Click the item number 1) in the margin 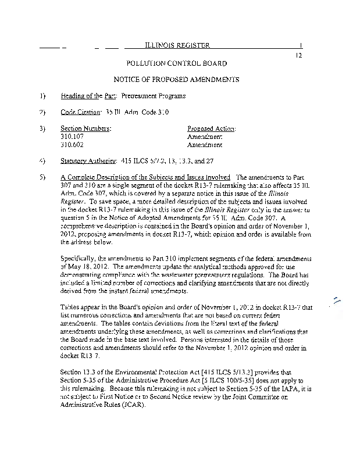pos(42,95)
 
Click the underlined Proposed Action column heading pos(211,128)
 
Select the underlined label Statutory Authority pos(87,160)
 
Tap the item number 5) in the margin pos(42,176)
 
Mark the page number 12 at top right pos(299,55)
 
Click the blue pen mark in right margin pos(334,301)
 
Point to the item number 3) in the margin pos(42,128)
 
